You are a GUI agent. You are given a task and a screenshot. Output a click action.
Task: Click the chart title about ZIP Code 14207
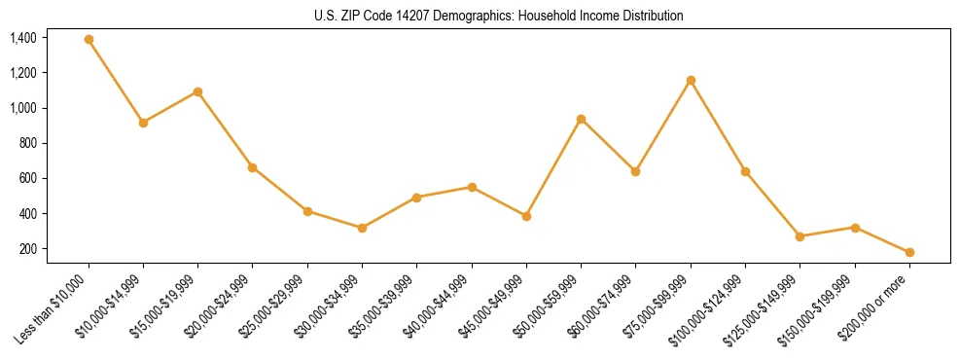pyautogui.click(x=499, y=16)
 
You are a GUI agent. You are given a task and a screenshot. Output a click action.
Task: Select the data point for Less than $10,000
pyautogui.click(x=89, y=40)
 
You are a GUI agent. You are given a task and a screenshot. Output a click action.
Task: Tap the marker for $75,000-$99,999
pyautogui.click(x=691, y=80)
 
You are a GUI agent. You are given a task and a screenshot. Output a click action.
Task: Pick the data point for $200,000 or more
pyautogui.click(x=909, y=252)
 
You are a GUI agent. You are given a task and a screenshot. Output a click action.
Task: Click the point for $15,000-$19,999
pyautogui.click(x=198, y=91)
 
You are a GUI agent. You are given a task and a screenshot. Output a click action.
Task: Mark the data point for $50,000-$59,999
pyautogui.click(x=581, y=119)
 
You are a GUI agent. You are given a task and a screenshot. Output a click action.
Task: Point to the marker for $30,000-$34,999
pyautogui.click(x=362, y=228)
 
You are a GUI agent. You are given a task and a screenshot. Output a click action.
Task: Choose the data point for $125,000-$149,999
pyautogui.click(x=800, y=236)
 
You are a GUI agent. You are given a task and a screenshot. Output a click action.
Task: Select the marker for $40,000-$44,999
pyautogui.click(x=472, y=187)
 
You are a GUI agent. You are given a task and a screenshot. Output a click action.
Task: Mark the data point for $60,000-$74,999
pyautogui.click(x=635, y=171)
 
